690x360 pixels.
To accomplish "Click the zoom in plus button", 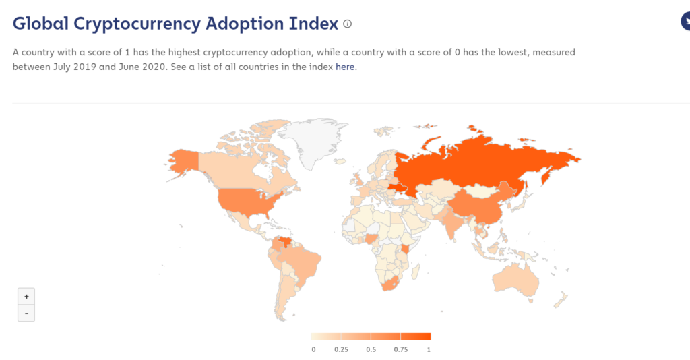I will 26,297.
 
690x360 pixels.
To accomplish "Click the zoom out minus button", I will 26,313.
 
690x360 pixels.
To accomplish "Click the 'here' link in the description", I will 344,67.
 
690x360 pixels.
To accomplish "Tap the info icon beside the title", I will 348,24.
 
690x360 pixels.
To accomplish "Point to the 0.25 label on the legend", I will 341,349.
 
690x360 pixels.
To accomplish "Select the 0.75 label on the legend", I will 400,349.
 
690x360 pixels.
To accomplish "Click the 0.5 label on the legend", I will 371,349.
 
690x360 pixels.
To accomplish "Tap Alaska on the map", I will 182,160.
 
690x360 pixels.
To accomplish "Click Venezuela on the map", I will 286,241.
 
